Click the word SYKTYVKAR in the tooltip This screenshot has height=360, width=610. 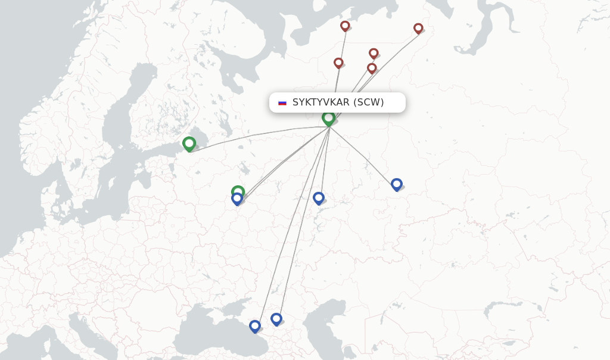click(x=320, y=103)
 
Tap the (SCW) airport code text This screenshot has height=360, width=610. click(x=369, y=103)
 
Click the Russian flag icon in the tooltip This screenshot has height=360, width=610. click(x=282, y=103)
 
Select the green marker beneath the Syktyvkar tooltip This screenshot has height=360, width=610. click(x=328, y=118)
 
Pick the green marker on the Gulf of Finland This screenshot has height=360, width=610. click(x=189, y=143)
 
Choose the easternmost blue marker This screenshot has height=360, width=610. click(x=397, y=184)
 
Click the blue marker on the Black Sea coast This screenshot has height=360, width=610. click(x=255, y=326)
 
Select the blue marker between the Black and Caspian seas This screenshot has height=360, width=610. click(x=276, y=319)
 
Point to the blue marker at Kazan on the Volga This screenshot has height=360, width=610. click(x=319, y=197)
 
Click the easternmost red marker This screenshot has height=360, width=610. click(x=418, y=28)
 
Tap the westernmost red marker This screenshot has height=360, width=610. click(x=338, y=63)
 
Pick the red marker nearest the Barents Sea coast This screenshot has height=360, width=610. click(x=345, y=26)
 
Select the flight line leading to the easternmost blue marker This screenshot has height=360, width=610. click(x=363, y=156)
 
